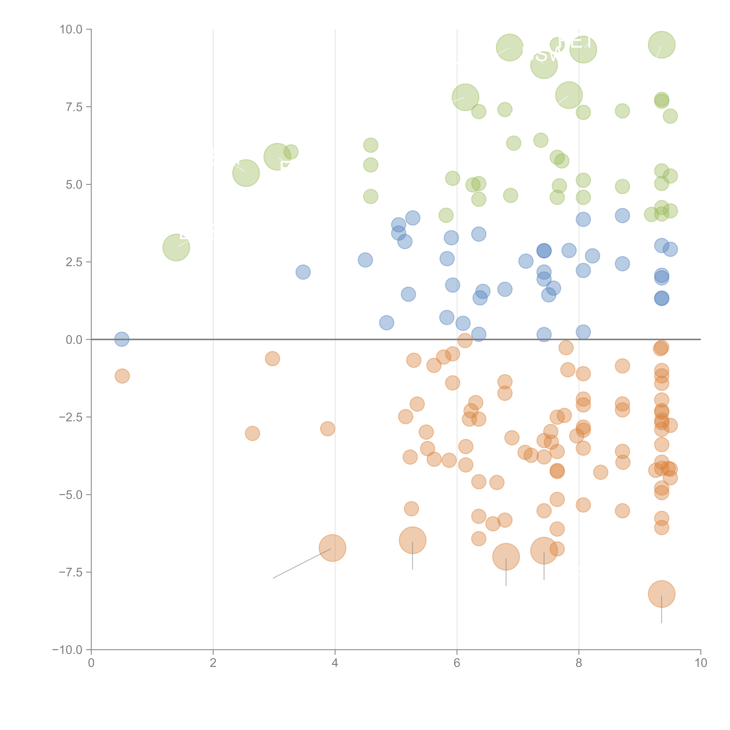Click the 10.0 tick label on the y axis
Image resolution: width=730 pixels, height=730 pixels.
tap(71, 29)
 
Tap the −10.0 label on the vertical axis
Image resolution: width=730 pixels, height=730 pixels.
tap(68, 650)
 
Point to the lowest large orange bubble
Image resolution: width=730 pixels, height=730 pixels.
tap(661, 594)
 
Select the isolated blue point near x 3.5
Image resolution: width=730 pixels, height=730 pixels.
tap(303, 272)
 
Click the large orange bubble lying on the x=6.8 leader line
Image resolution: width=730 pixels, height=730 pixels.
tap(506, 557)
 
